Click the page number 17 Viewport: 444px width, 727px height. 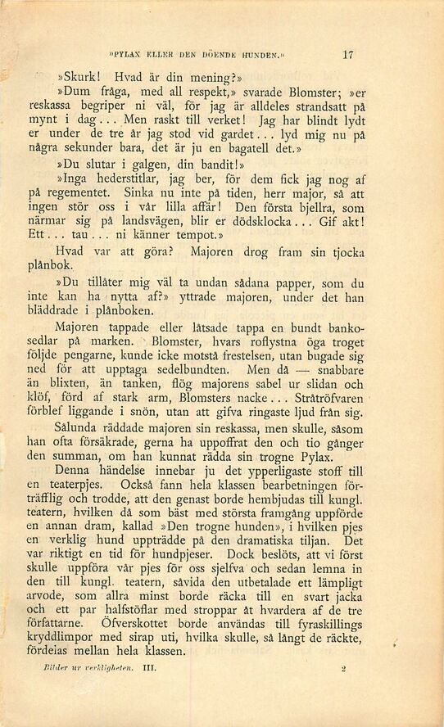pyautogui.click(x=348, y=56)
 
